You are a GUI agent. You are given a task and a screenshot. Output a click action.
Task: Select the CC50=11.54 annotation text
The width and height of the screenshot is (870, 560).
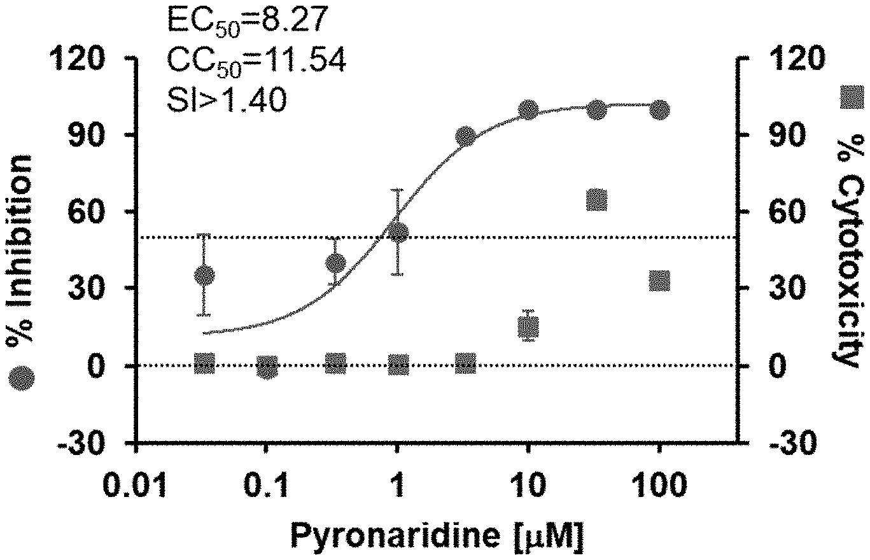(256, 60)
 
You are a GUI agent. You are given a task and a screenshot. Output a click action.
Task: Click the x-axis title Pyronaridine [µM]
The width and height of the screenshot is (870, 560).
(437, 536)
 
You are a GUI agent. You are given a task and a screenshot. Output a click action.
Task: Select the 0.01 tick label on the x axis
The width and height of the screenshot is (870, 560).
(137, 487)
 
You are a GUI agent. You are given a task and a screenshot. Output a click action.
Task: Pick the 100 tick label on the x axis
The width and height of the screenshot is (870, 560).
(659, 487)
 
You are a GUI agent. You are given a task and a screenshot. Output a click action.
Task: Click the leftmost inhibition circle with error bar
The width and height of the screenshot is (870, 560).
(204, 276)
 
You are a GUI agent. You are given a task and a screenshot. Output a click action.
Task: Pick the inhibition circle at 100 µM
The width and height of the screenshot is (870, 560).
(659, 110)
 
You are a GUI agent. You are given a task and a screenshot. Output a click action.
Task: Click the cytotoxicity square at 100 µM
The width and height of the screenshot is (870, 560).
(659, 281)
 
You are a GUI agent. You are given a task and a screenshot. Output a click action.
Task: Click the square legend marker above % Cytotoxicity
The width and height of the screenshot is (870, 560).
(852, 99)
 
